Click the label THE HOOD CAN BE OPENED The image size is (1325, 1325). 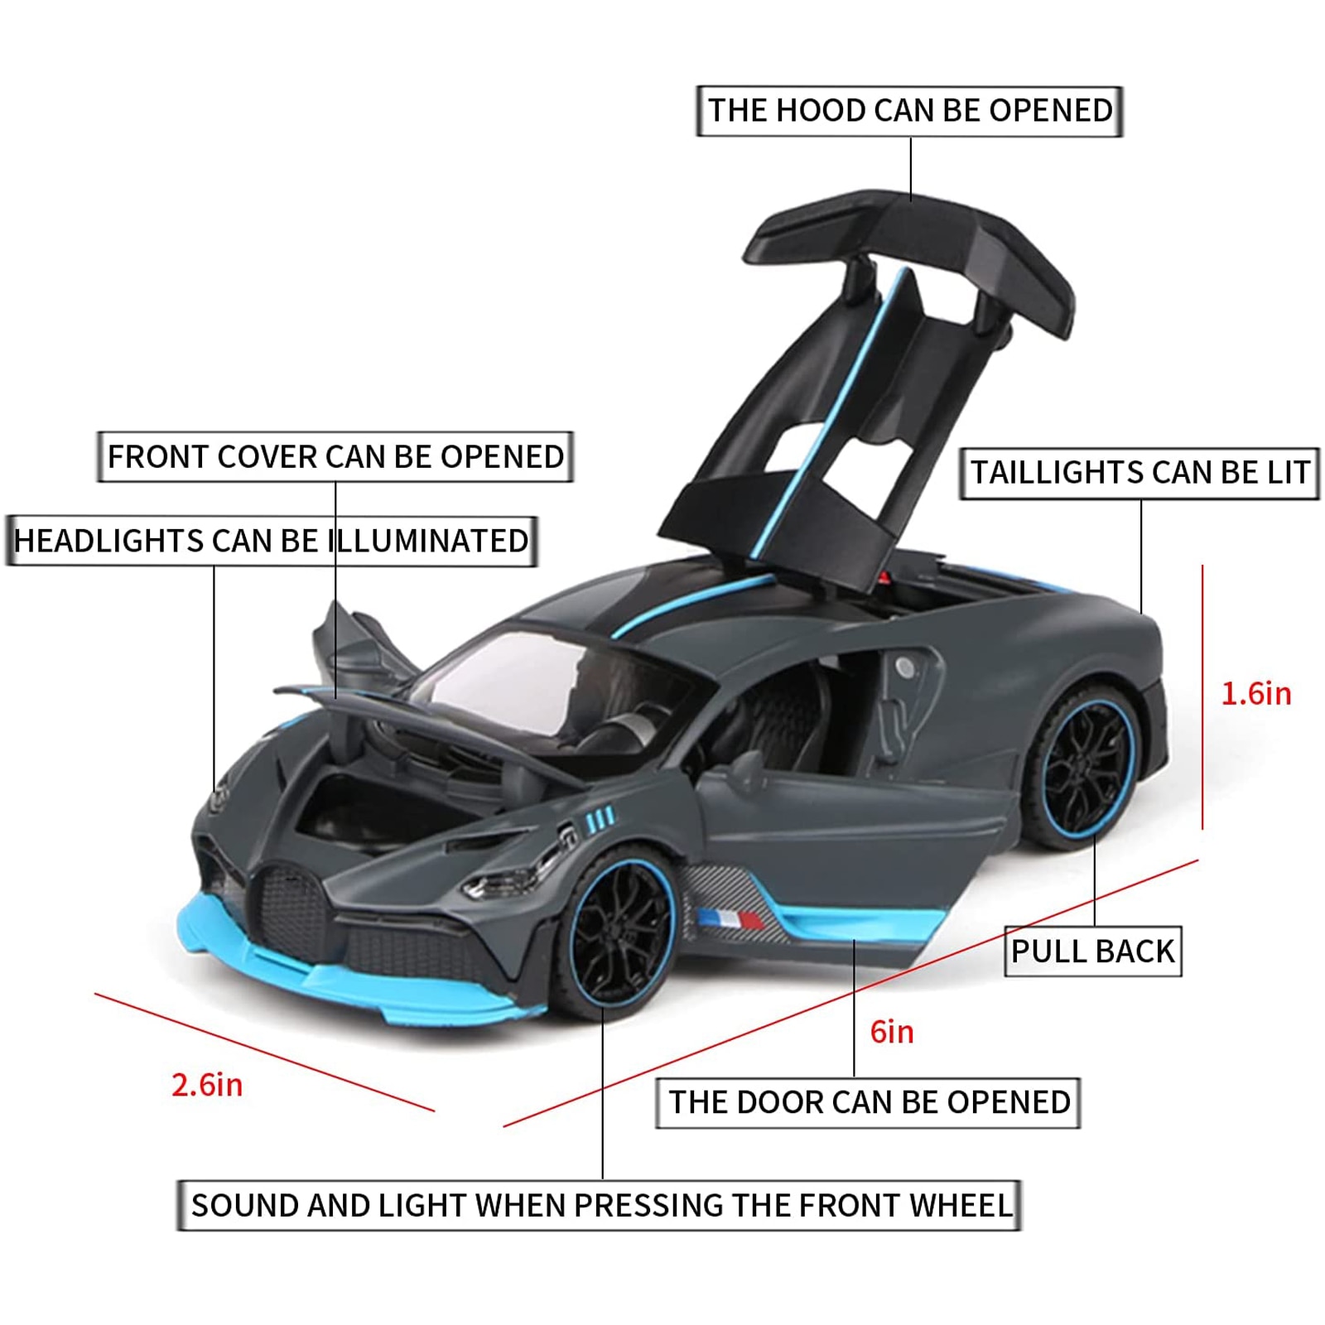tap(909, 111)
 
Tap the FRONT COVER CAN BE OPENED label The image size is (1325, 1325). tap(335, 456)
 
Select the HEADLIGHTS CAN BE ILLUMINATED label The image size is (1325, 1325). tap(272, 541)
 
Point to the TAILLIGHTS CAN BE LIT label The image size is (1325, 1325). tap(1139, 473)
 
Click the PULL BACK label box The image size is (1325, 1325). tap(1093, 951)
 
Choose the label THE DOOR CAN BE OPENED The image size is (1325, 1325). tap(869, 1102)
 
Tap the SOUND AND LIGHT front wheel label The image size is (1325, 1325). tap(600, 1205)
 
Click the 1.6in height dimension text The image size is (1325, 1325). tap(1256, 694)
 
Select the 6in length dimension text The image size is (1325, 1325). tap(892, 1032)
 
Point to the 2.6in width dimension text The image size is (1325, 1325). tap(207, 1085)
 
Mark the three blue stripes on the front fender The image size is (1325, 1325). tap(600, 819)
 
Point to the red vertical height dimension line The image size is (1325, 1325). tap(1202, 696)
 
